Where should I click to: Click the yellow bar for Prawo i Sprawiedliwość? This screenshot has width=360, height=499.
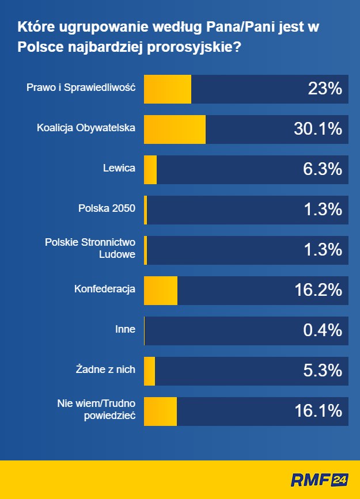point(167,89)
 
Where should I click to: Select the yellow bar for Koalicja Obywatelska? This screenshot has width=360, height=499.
point(174,129)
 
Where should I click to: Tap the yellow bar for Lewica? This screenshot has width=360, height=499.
point(150,170)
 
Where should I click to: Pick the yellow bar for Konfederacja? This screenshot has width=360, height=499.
point(160,290)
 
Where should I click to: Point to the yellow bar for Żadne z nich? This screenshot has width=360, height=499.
point(149,371)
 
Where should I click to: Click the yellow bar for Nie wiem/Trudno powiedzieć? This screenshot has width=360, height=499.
point(160,411)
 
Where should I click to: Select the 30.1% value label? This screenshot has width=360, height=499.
point(317,129)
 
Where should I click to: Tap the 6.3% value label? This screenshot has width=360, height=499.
point(323,170)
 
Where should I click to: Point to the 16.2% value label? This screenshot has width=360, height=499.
point(318,290)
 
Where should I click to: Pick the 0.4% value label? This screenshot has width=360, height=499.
point(323,330)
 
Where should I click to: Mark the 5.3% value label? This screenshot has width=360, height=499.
point(323,371)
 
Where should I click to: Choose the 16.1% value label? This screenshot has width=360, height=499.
point(318,411)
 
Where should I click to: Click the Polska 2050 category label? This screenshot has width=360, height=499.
point(107,208)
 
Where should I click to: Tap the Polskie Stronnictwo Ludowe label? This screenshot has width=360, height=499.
point(90,248)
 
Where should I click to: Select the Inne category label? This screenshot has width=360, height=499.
point(125,329)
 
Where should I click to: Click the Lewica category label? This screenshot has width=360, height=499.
point(119,168)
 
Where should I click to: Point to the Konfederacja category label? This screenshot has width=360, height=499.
point(104,289)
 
